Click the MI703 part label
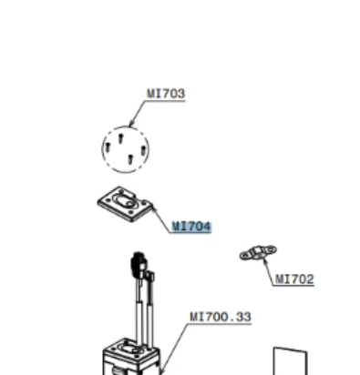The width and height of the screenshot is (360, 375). coord(166,94)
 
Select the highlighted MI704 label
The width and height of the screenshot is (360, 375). coord(191,227)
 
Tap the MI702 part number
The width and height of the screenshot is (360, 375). coord(294,279)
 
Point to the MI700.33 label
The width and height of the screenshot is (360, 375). coord(221,317)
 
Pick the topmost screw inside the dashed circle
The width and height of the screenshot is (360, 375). coord(120,138)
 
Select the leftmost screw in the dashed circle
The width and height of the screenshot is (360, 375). coord(108,147)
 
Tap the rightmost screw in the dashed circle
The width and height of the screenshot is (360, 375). coord(143,150)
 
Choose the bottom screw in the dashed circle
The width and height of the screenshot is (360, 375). coord(130,158)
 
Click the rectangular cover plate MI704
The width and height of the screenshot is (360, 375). coord(124,204)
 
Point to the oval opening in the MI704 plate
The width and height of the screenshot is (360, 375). coord(124,201)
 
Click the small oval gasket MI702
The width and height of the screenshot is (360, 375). coord(258,252)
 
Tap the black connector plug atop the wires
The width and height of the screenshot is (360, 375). coord(138,264)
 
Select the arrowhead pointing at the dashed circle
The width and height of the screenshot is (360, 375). coord(131,123)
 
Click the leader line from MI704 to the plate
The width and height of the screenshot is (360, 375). coord(161,219)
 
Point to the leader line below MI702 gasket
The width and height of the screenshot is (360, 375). coord(268,272)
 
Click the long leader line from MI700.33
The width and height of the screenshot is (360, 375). coord(174,349)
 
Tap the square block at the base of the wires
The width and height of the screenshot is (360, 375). coord(131,357)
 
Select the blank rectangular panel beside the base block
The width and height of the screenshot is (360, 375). coord(291,361)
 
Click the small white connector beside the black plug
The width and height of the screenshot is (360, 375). coord(150,277)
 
